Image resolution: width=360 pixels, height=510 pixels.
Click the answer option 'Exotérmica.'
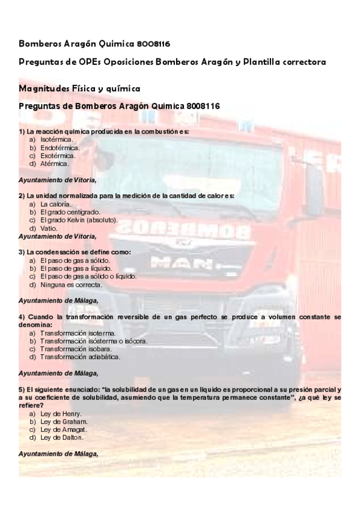click(x=58, y=155)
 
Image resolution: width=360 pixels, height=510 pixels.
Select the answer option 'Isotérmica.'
click(x=56, y=140)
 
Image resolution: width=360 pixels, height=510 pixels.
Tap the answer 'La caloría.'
click(x=56, y=204)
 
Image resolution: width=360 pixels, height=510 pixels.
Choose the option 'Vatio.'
click(x=49, y=229)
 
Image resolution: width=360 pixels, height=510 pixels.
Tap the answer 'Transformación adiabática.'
click(x=80, y=357)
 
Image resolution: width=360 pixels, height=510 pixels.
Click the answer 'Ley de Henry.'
click(x=61, y=414)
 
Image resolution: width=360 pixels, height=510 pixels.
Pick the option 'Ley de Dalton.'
click(x=61, y=437)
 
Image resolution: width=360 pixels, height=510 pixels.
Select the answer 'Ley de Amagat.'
click(x=64, y=429)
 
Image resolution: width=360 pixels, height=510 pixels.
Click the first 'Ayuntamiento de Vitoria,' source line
click(x=58, y=179)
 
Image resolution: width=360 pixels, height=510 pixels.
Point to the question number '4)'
click(x=22, y=316)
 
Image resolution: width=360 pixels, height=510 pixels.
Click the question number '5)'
click(x=22, y=390)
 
